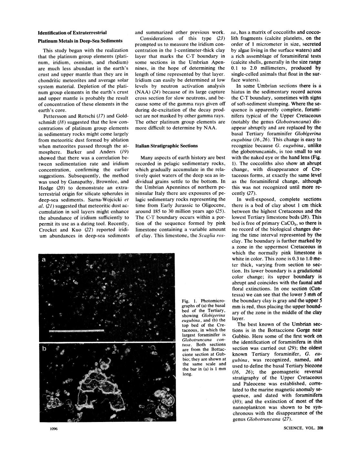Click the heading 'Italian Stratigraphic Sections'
click(x=166, y=146)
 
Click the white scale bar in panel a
click(x=77, y=331)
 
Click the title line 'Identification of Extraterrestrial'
click(x=72, y=33)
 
